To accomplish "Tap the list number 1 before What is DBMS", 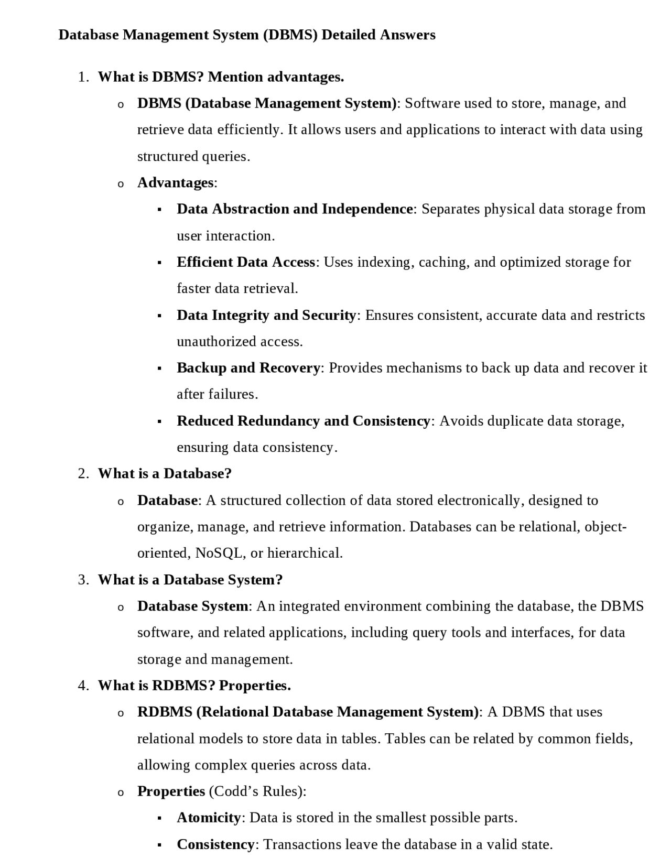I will (x=82, y=78).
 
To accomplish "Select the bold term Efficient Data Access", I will (x=246, y=262).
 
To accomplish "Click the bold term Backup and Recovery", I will (x=248, y=368).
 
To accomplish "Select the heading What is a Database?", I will (x=165, y=474).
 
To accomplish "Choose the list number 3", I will (x=82, y=580).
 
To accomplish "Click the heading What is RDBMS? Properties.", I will (x=194, y=686).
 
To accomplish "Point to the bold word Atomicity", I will (x=208, y=818).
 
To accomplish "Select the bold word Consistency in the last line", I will (x=215, y=844).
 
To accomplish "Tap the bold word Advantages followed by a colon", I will (x=176, y=183).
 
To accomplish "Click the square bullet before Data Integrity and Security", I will (x=159, y=316).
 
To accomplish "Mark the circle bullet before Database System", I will (x=121, y=607).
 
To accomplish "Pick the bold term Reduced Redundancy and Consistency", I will (x=303, y=421).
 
